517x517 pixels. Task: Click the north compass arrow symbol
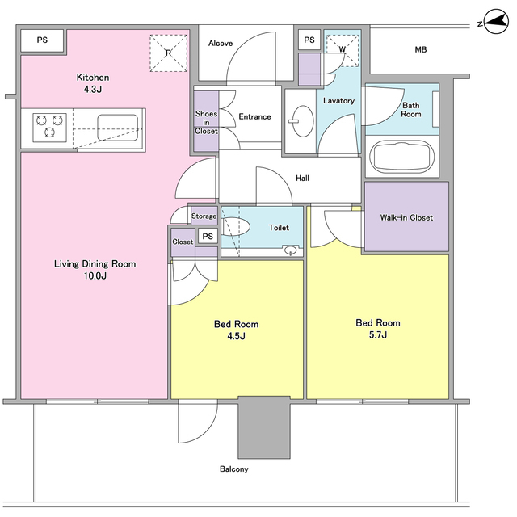(x=496, y=22)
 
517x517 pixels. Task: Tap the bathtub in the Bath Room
(x=401, y=157)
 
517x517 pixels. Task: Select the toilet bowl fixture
(x=235, y=226)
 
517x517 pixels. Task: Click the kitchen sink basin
(x=118, y=128)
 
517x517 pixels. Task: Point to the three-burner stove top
(x=49, y=128)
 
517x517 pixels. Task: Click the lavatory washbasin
(x=303, y=121)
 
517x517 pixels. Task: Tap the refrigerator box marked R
(x=169, y=53)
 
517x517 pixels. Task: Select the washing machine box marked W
(x=343, y=50)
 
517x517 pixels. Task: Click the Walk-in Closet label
(x=406, y=217)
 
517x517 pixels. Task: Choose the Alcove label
(x=221, y=43)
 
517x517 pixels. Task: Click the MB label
(x=421, y=49)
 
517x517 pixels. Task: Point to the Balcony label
(x=234, y=469)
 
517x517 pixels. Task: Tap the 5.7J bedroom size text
(x=378, y=335)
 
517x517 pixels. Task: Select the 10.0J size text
(x=95, y=275)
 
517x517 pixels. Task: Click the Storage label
(x=204, y=216)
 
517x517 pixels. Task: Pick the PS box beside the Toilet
(x=208, y=236)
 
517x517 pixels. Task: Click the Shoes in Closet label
(x=207, y=122)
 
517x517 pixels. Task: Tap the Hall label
(x=302, y=179)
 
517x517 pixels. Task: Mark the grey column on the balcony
(x=264, y=427)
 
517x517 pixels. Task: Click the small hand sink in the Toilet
(x=291, y=250)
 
